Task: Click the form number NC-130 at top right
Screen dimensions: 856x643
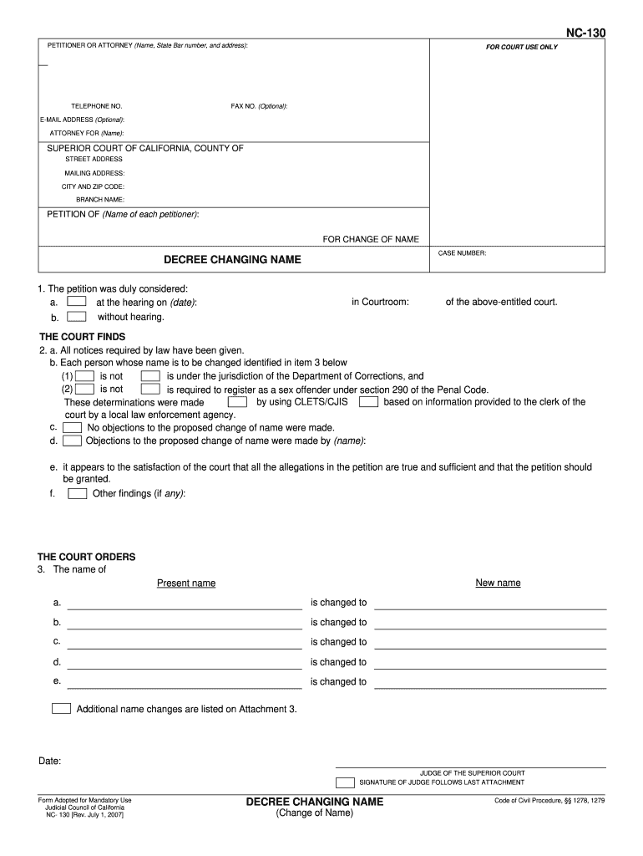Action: click(x=585, y=33)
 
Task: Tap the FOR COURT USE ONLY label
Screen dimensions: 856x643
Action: click(x=522, y=47)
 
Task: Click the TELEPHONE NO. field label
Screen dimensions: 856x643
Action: click(x=96, y=106)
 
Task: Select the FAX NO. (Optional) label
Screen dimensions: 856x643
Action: click(x=259, y=106)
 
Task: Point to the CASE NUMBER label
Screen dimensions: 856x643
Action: click(x=462, y=252)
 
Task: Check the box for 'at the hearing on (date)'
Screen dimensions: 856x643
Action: click(x=76, y=302)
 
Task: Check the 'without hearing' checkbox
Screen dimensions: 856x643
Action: click(x=76, y=317)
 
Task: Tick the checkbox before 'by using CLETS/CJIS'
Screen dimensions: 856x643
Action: click(x=237, y=402)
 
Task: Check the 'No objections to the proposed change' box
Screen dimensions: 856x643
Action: click(x=73, y=427)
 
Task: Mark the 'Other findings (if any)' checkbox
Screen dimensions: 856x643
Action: click(x=77, y=493)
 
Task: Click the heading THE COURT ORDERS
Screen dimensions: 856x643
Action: click(x=86, y=557)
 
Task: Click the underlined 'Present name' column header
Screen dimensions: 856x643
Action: click(x=186, y=583)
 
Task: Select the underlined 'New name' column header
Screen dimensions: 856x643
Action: click(x=498, y=583)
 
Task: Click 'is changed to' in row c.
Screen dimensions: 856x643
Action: click(x=338, y=642)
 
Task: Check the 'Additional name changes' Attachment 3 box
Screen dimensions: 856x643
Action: click(x=61, y=708)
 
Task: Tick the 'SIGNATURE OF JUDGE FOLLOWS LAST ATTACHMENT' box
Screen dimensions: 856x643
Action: click(x=344, y=782)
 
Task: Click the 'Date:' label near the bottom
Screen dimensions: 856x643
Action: click(x=49, y=761)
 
